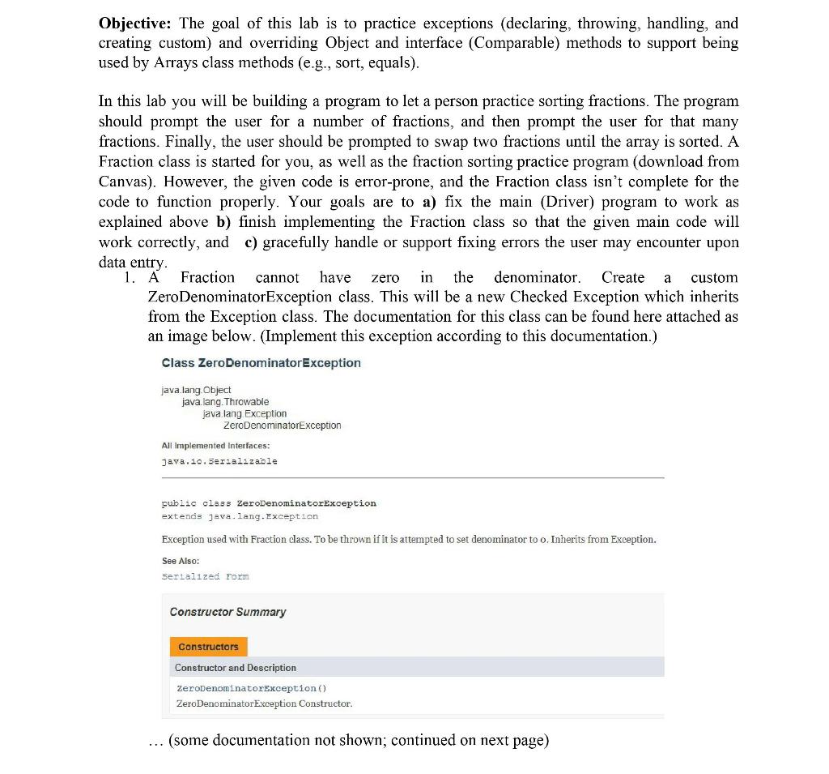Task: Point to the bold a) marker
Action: [x=430, y=202]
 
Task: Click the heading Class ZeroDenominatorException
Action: [x=261, y=363]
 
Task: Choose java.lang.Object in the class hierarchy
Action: [x=196, y=391]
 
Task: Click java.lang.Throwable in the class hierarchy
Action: [x=225, y=402]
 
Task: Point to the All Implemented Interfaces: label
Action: [x=215, y=446]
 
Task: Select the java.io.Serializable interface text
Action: [x=219, y=461]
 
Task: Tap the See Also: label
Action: [x=180, y=561]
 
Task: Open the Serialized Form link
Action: [x=205, y=576]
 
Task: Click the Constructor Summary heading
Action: [x=227, y=612]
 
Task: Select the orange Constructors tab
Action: [x=208, y=647]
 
